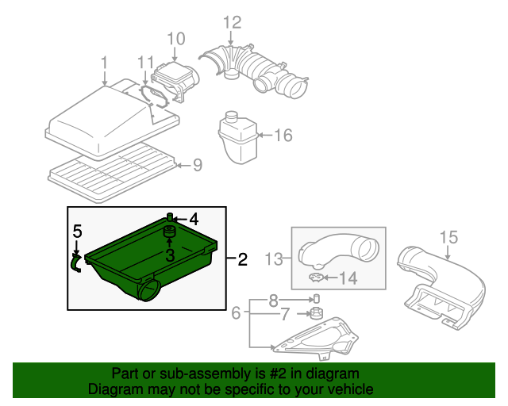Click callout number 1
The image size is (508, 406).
[104, 62]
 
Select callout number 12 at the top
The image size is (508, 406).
[231, 21]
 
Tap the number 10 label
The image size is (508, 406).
[175, 38]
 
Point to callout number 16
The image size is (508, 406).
[283, 136]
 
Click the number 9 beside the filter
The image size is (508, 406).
[198, 165]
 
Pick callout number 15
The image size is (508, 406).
[448, 236]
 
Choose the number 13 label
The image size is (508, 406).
[272, 259]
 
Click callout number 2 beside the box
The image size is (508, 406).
[242, 259]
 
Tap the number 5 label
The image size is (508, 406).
[77, 232]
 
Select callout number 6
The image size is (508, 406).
[236, 314]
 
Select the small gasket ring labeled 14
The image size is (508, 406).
[317, 278]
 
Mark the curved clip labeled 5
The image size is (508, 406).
[76, 262]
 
